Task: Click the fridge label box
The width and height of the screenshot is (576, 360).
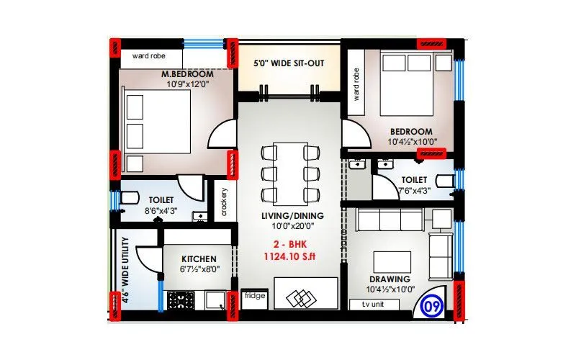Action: (x=253, y=296)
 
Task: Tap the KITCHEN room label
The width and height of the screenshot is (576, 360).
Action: (x=195, y=258)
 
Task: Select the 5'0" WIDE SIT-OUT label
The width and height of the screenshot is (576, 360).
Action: (x=288, y=63)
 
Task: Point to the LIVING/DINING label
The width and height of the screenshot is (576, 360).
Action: (x=292, y=215)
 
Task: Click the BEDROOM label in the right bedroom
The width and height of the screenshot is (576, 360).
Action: (x=411, y=132)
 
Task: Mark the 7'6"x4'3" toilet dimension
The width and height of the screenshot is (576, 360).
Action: (x=413, y=191)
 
